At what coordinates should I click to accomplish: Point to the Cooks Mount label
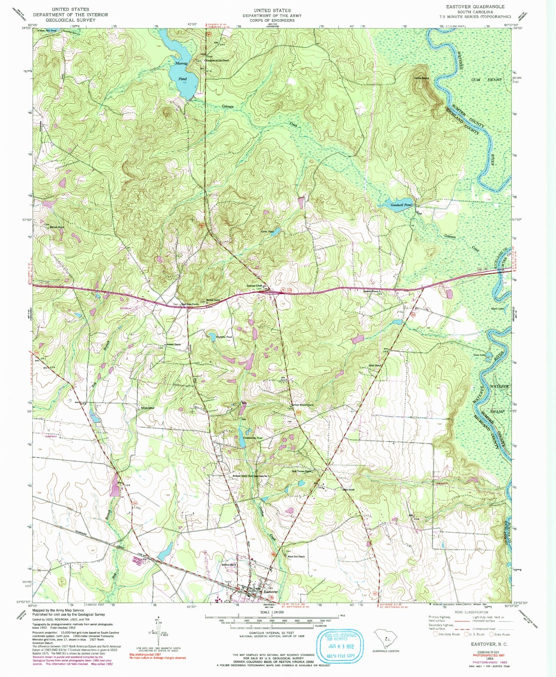coord(421,78)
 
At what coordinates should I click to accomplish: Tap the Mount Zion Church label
coord(296,556)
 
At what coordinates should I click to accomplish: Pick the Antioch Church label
coord(173,345)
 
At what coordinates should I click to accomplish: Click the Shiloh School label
coord(348,490)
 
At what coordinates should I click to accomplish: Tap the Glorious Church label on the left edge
coord(57,227)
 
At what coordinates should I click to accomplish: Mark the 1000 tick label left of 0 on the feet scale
coord(221,621)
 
